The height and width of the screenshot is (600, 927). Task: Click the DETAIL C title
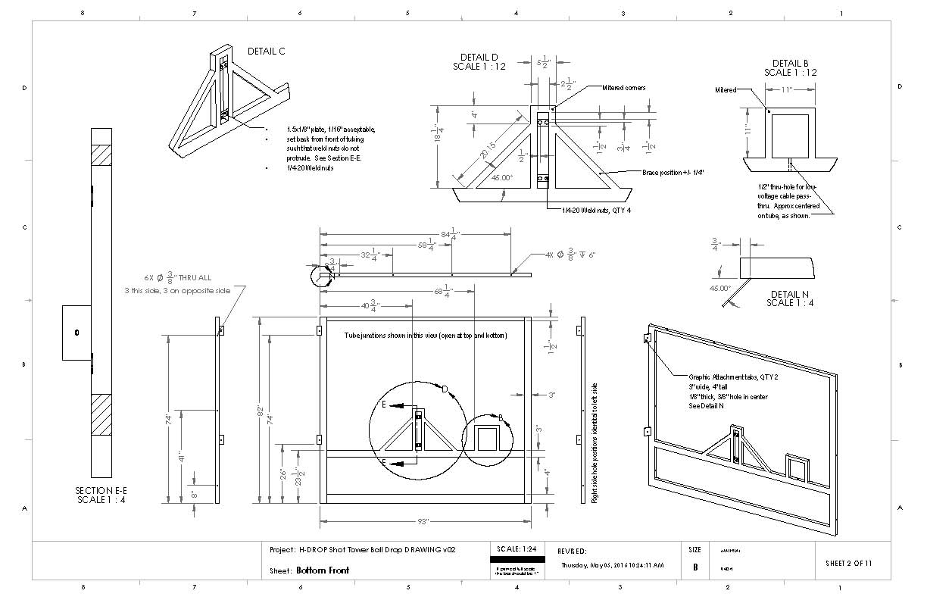click(x=266, y=52)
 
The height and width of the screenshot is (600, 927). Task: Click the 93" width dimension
click(x=423, y=521)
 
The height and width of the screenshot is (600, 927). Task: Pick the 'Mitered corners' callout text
click(x=624, y=88)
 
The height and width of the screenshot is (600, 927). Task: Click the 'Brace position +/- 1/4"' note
click(x=673, y=173)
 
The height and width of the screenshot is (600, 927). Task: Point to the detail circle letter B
click(x=501, y=417)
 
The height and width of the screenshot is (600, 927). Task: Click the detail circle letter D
click(x=445, y=390)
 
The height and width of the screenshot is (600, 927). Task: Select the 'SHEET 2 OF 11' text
click(x=852, y=564)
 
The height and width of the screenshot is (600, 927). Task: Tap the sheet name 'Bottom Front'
click(x=323, y=570)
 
